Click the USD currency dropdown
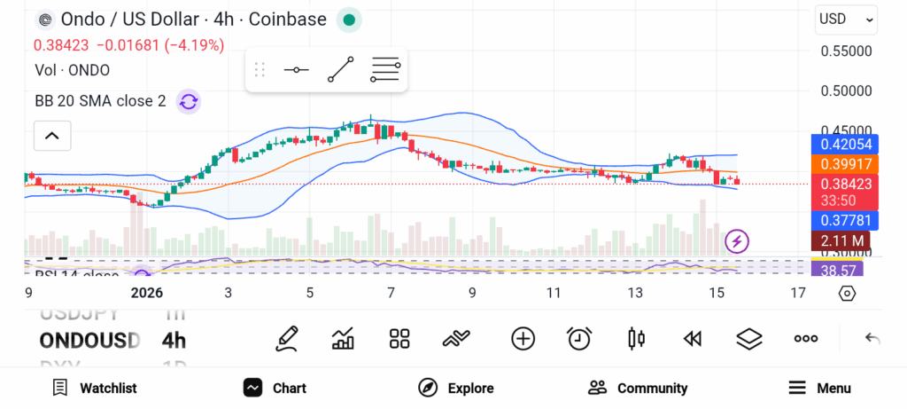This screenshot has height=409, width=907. (846, 19)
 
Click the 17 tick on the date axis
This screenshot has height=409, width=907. (797, 292)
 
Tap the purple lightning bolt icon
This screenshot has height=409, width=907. (737, 240)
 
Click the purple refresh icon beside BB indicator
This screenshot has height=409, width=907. (188, 101)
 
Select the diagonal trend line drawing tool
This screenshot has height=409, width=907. (340, 69)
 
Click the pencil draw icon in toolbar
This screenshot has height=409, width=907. (286, 338)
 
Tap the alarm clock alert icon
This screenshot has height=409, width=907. (579, 338)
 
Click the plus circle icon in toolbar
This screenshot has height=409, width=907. (523, 338)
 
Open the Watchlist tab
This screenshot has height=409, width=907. (95, 388)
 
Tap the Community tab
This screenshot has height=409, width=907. (638, 388)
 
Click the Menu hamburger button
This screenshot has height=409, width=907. (819, 388)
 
